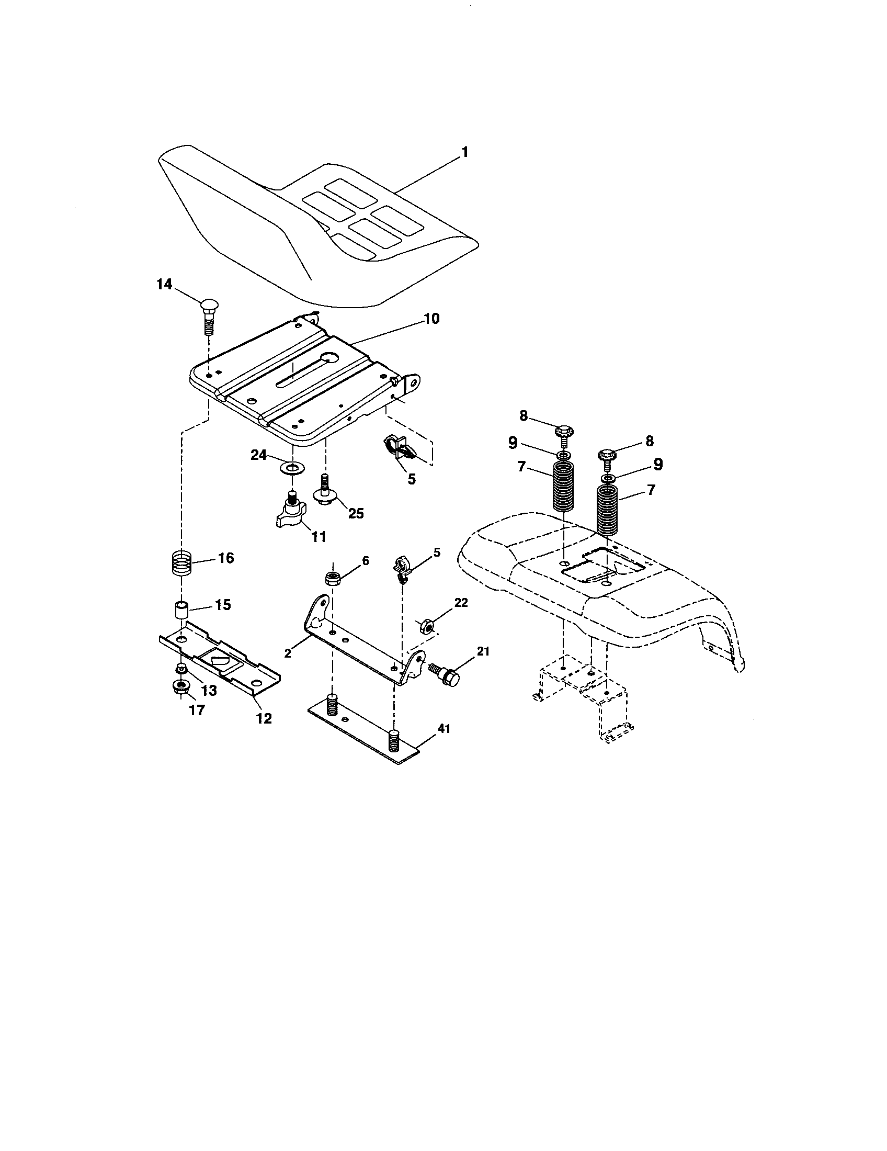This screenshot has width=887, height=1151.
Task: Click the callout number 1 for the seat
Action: [x=464, y=152]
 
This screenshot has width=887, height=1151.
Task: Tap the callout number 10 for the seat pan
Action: [x=431, y=319]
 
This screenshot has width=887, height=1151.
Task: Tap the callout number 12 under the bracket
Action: [x=264, y=718]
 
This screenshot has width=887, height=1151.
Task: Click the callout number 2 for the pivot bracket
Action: [x=287, y=653]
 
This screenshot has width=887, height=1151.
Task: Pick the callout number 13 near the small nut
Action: [x=209, y=691]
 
